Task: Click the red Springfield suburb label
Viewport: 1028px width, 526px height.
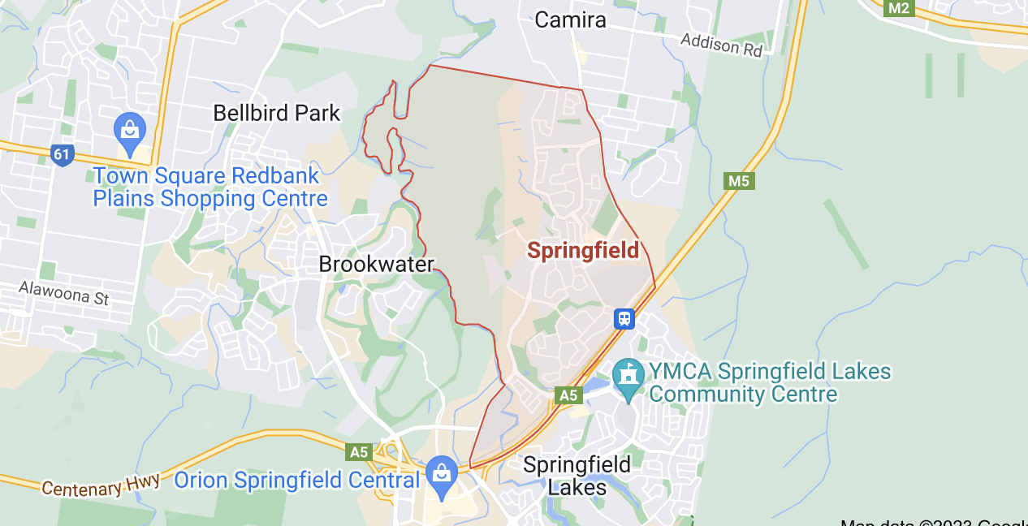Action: (583, 251)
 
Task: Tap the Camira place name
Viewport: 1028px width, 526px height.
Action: (570, 20)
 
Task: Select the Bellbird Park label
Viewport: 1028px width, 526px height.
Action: (276, 113)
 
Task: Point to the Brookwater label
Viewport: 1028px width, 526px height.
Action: (376, 264)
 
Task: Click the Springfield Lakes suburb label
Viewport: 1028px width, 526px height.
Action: (577, 476)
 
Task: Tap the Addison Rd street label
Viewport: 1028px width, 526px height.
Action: (722, 45)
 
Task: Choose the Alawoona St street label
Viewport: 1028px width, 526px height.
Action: (63, 292)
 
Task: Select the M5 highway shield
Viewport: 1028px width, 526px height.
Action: (738, 180)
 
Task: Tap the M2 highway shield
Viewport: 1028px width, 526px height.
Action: (899, 8)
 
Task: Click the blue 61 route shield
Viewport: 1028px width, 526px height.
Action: (62, 154)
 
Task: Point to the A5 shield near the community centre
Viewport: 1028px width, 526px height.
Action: (568, 394)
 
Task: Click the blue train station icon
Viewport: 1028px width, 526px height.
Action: (624, 318)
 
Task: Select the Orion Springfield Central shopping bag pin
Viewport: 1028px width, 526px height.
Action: (442, 475)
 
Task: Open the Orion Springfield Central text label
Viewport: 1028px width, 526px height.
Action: (297, 481)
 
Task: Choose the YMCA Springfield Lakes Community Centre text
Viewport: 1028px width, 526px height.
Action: (769, 383)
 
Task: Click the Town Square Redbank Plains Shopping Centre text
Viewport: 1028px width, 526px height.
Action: (209, 187)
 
